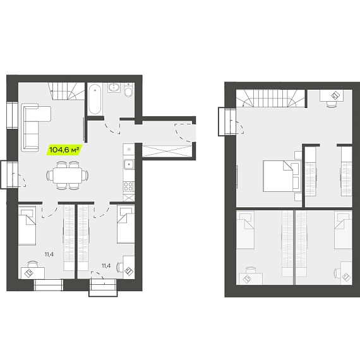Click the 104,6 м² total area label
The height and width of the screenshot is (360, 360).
tap(64, 150)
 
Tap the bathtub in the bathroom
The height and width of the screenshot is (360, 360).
tap(95, 99)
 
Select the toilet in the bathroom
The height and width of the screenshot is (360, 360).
tap(128, 90)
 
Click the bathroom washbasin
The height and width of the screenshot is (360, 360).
tap(114, 88)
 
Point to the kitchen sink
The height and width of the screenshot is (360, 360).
tap(129, 164)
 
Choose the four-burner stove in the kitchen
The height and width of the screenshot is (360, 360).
tap(129, 186)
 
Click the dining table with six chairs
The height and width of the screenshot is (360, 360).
tap(68, 176)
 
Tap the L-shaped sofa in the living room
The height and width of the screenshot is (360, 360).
tap(35, 127)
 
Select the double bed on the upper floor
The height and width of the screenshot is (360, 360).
tap(282, 176)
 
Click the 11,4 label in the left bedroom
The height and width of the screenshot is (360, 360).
tap(49, 254)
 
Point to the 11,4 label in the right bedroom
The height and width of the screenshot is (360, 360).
tap(106, 266)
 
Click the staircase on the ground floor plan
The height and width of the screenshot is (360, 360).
tap(66, 91)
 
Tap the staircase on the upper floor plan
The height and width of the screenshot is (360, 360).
tap(270, 99)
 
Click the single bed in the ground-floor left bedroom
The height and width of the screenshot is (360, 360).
tap(27, 225)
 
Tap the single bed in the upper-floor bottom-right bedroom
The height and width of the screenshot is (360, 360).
tap(343, 231)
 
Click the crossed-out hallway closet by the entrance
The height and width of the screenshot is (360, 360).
tap(167, 152)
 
